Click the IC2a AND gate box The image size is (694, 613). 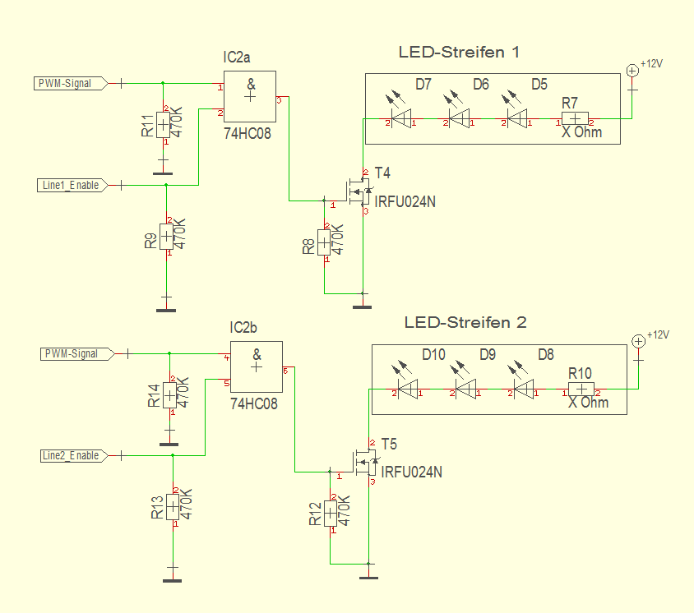click(x=250, y=97)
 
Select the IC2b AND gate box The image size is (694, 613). click(x=257, y=367)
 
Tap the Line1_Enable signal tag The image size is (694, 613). click(x=71, y=186)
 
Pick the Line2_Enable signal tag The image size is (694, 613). click(x=71, y=456)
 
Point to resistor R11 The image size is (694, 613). click(x=163, y=126)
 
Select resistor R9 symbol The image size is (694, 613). click(x=166, y=237)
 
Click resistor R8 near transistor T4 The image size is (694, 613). click(x=324, y=242)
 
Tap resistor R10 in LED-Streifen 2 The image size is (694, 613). click(x=581, y=390)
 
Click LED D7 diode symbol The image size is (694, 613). click(x=400, y=120)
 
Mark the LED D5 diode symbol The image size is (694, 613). click(x=516, y=120)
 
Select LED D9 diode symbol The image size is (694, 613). click(x=465, y=389)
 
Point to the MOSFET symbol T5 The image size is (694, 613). click(x=365, y=463)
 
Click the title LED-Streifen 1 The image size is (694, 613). click(x=459, y=53)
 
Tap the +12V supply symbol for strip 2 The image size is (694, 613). click(x=638, y=341)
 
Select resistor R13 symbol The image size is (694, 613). click(x=173, y=508)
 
